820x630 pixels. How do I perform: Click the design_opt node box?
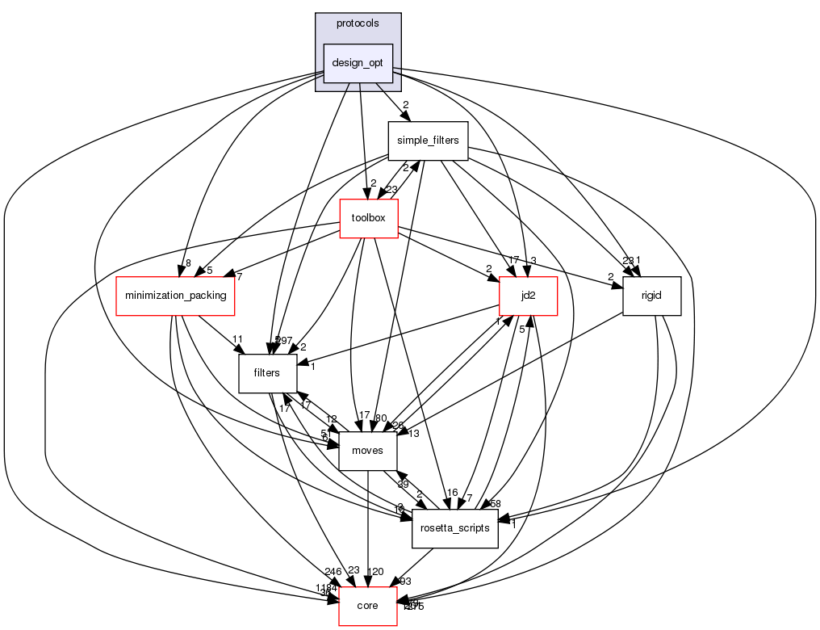pos(358,63)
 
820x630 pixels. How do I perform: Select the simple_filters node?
pos(428,141)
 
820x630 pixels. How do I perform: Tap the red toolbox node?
pos(369,218)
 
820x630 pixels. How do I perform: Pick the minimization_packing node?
pos(175,296)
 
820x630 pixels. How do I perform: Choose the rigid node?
pos(651,296)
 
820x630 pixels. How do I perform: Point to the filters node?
pos(266,373)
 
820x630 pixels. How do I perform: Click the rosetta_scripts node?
pos(454,528)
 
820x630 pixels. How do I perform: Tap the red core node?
pos(367,606)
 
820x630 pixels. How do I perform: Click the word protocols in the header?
pos(358,23)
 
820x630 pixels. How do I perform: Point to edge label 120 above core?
pos(375,572)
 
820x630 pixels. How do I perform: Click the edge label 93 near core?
pos(404,582)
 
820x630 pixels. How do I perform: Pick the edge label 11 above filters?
pos(238,340)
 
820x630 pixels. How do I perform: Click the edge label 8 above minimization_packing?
pos(187,262)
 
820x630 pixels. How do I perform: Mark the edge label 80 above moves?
pos(381,418)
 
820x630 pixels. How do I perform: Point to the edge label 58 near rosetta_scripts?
pos(495,504)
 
